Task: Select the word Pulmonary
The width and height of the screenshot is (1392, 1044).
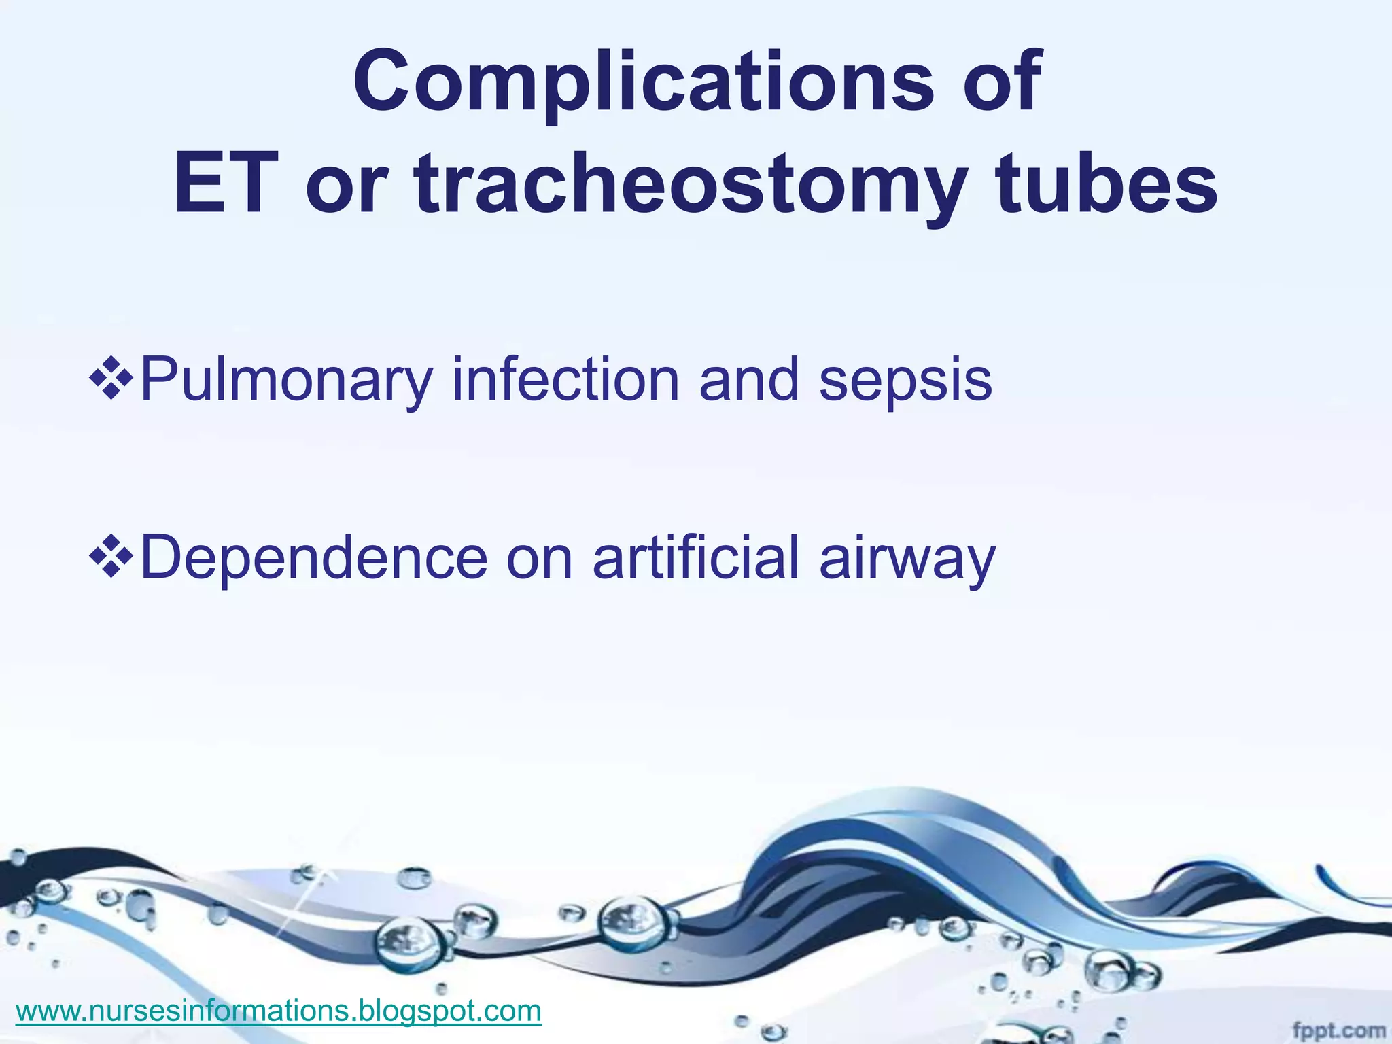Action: click(285, 381)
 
